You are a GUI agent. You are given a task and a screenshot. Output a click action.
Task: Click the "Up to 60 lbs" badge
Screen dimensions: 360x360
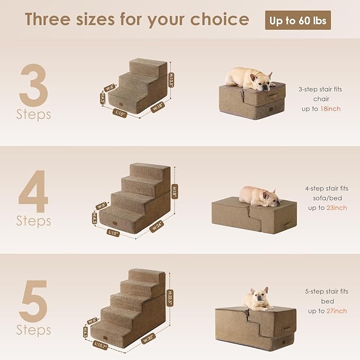pos(298,20)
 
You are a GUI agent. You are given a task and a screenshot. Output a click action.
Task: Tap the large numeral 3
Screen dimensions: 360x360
pos(33,85)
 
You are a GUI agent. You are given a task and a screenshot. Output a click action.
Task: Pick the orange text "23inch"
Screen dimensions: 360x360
pos(335,208)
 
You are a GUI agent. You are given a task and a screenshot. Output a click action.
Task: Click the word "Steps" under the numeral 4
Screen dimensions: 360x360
pos(33,221)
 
